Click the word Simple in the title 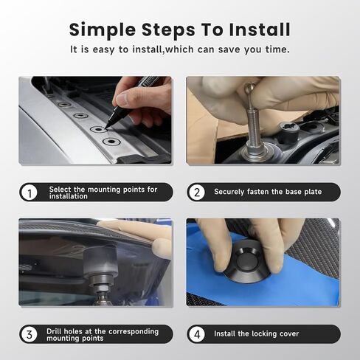click(x=103, y=30)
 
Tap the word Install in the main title click(x=260, y=30)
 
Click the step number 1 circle click(x=30, y=193)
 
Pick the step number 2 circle click(x=197, y=193)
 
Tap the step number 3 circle click(x=30, y=334)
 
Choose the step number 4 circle click(x=197, y=334)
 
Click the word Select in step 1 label click(x=60, y=189)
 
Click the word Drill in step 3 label click(x=53, y=331)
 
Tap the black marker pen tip click(x=106, y=127)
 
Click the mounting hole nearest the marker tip click(x=98, y=129)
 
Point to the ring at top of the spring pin click(x=249, y=88)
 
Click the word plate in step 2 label click(x=313, y=192)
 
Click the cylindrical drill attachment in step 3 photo click(x=100, y=274)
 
